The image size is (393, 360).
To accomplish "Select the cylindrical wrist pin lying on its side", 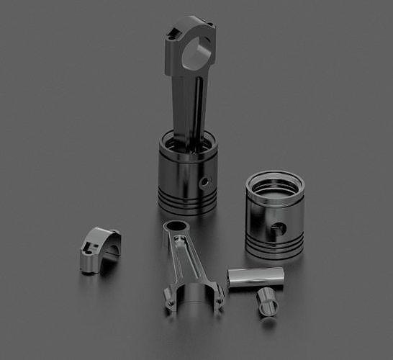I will click(x=256, y=277).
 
